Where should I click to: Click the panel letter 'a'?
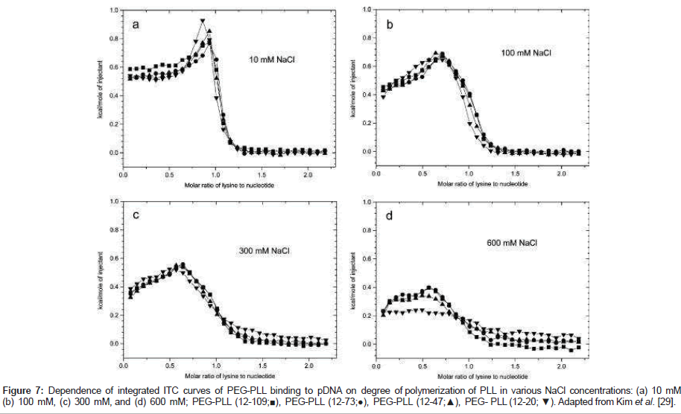click(x=136, y=25)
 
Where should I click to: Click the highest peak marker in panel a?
click(x=203, y=22)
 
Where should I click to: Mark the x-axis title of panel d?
click(x=469, y=375)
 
